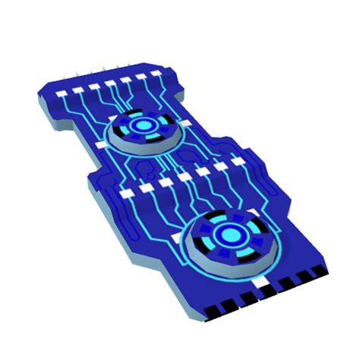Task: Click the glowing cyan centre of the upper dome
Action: [x=141, y=125]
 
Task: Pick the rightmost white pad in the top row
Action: [x=156, y=75]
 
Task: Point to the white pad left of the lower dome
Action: [x=179, y=238]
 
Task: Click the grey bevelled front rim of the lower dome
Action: [x=232, y=267]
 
